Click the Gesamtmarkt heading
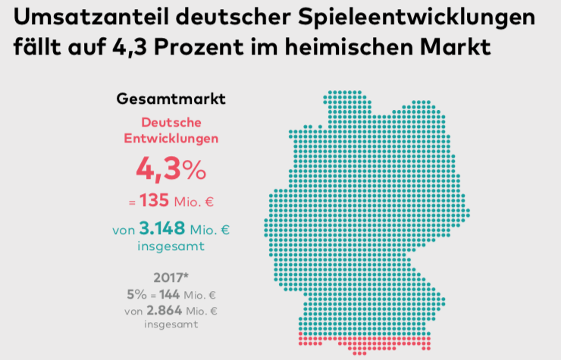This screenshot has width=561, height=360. (171, 99)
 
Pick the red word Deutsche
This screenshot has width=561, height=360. (171, 122)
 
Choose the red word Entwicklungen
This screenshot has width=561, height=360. (171, 139)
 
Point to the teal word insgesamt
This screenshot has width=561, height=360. (171, 246)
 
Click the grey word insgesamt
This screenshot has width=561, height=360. (171, 324)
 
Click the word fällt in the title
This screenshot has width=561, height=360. (35, 48)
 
